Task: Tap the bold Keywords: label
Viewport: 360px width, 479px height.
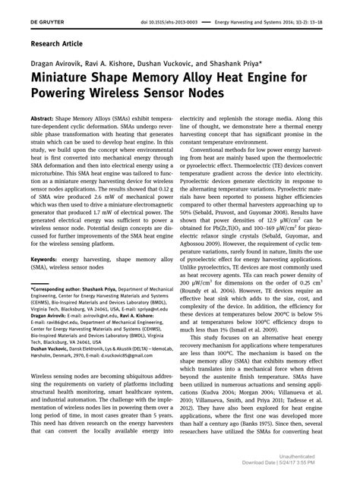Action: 46,260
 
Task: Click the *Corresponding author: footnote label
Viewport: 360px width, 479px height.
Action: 59,291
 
